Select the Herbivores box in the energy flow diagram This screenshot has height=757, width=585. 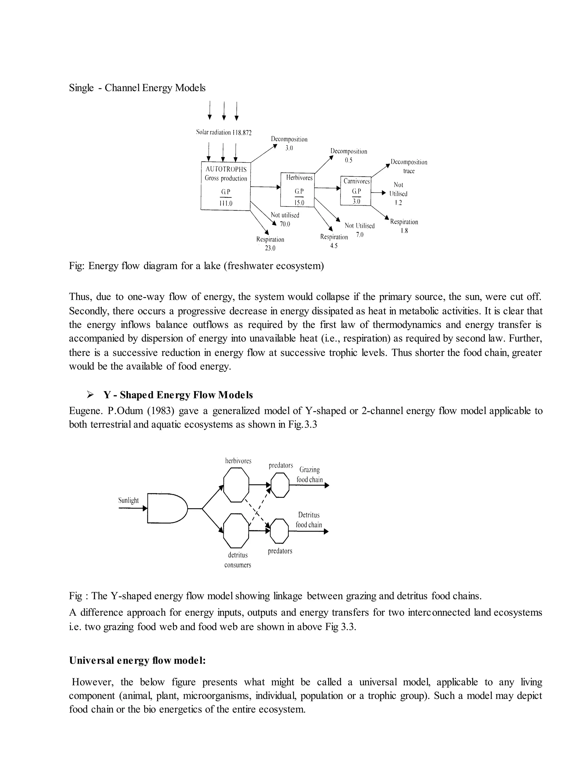tap(297, 190)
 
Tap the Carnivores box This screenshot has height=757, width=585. tap(356, 191)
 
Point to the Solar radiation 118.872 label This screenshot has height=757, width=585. tap(224, 133)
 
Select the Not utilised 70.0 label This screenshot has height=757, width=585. tap(285, 219)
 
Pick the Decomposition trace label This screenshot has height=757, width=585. tap(409, 166)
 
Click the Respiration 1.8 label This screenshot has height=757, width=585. tap(404, 226)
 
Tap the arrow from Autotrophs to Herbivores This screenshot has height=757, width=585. tap(265, 187)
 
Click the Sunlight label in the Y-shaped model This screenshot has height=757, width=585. tap(128, 500)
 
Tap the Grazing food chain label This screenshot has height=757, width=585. tap(309, 474)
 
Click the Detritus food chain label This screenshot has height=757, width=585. tap(309, 520)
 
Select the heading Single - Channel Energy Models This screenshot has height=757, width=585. tap(137, 88)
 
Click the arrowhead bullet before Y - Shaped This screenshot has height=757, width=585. tap(91, 394)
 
